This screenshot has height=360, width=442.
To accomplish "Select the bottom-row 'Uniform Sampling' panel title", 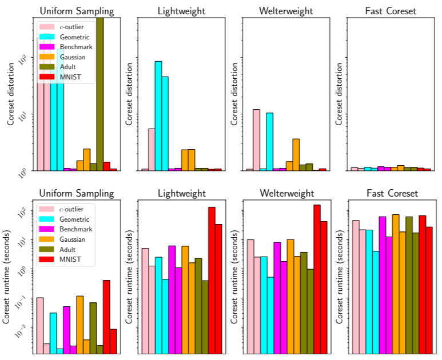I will pos(76,193).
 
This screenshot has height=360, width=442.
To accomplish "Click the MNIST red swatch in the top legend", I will pos(47,77).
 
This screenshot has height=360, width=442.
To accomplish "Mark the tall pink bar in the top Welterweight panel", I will pos(257,139).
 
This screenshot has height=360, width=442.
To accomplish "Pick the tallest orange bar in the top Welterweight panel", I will pos(296,154).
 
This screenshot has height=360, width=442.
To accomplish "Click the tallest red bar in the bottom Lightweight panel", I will pos(212,280).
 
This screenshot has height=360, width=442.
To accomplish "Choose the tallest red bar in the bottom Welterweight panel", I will pos(317,279).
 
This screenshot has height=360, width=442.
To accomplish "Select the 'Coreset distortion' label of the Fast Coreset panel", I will pos(340,94).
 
